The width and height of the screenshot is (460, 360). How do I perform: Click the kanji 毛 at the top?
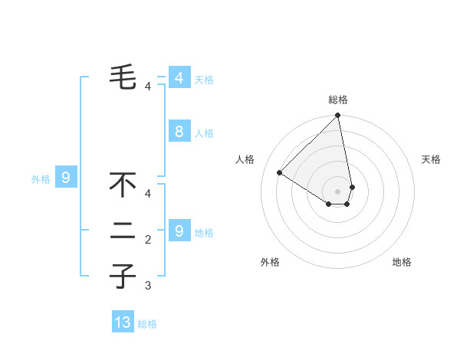(x=123, y=76)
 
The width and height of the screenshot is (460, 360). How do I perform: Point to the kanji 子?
(x=123, y=276)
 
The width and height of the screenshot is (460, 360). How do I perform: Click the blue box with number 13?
(x=123, y=322)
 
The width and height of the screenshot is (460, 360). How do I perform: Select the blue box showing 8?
(x=179, y=132)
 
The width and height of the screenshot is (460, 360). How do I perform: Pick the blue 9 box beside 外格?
(x=66, y=178)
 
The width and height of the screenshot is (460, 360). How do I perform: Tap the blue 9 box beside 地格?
(x=179, y=231)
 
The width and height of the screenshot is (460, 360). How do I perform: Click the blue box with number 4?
(x=179, y=77)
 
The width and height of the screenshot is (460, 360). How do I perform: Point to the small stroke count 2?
(x=148, y=241)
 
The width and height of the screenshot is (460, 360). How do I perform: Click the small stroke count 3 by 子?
(x=148, y=286)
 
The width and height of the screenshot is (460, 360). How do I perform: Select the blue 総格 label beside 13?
(x=147, y=324)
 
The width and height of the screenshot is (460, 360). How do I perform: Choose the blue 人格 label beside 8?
(x=204, y=133)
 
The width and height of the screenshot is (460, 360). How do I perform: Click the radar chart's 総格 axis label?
(x=338, y=100)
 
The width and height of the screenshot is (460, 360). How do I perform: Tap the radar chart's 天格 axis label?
(x=431, y=159)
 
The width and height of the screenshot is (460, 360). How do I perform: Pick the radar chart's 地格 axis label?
(x=402, y=262)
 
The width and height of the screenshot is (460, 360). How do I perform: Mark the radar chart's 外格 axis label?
(x=270, y=262)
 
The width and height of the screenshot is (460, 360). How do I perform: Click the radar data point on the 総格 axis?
(x=338, y=116)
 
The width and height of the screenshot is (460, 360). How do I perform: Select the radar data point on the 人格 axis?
(x=280, y=172)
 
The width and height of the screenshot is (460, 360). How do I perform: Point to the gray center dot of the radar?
(x=338, y=191)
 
